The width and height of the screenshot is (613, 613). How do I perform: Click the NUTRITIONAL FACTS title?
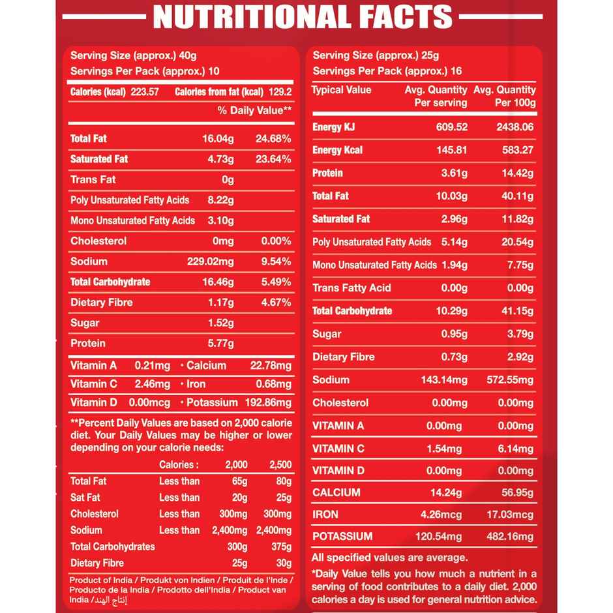302,16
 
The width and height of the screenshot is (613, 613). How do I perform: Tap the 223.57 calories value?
145,92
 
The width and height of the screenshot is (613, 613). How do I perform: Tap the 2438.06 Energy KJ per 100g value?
515,127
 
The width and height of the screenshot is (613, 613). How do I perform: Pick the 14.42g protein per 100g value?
518,173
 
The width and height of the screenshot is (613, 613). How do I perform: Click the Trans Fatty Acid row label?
351,288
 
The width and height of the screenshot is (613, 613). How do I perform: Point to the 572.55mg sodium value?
510,380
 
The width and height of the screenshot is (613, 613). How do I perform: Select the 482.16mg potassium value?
510,537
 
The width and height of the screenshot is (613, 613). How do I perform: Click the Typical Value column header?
341,90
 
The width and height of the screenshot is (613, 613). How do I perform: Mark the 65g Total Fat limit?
239,481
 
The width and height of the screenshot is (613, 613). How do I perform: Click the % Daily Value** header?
254,110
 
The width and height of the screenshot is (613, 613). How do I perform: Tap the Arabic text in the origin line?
109,599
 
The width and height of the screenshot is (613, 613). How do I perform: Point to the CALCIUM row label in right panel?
336,492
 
